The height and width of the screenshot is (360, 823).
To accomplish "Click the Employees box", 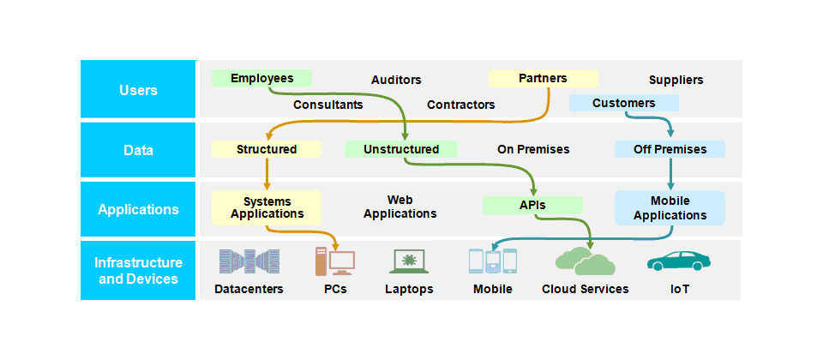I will pos(262,78).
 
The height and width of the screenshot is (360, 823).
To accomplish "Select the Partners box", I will pos(543,78).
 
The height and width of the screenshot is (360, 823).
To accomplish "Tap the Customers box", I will pos(623,103).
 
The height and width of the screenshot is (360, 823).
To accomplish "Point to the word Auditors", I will pos(396,80).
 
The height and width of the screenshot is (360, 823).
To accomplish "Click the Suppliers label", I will pos(676,80).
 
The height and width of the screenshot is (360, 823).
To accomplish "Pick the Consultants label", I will pos(327,105).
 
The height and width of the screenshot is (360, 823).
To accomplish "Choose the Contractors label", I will pos(461,105).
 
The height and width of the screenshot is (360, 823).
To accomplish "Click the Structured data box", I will pos(267,149).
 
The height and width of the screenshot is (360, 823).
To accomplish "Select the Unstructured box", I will pos(400,149).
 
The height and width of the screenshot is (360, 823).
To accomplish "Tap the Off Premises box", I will pos(670,149).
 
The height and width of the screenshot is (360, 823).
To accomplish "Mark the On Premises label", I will pos(533,149).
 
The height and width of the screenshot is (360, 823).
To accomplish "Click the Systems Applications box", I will pos(267,207).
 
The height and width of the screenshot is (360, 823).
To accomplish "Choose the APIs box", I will pos(532,205).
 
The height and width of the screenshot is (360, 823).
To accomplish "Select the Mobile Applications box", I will pos(670,207).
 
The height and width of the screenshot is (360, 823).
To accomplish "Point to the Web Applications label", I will pos(400,207).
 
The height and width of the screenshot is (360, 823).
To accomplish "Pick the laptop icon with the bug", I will pos(409,261).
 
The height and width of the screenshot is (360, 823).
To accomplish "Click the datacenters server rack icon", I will pos(249,261).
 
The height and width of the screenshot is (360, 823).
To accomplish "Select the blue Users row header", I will pos(138,90).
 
